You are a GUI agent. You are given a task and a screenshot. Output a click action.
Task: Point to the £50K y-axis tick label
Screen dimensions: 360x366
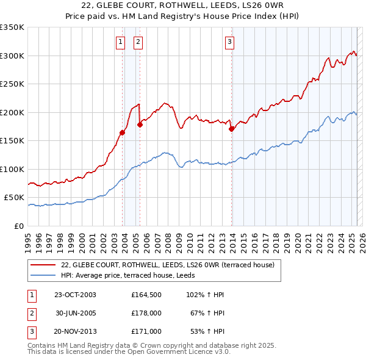pyautogui.click(x=14, y=198)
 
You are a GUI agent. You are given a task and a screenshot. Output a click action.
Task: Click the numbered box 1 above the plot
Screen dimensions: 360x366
pyautogui.click(x=121, y=42)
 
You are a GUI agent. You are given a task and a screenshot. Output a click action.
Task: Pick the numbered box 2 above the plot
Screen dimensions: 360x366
pyautogui.click(x=138, y=42)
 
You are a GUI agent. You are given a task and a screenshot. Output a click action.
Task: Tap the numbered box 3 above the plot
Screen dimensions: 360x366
pyautogui.click(x=229, y=42)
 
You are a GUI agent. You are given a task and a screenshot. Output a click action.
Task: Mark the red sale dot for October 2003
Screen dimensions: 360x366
pyautogui.click(x=123, y=132)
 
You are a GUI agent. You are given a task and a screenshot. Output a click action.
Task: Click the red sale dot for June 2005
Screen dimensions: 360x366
pyautogui.click(x=140, y=124)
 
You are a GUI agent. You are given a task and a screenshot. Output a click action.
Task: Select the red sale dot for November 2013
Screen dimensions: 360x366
pyautogui.click(x=232, y=129)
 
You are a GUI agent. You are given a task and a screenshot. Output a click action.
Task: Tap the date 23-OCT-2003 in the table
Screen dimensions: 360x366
pyautogui.click(x=75, y=295)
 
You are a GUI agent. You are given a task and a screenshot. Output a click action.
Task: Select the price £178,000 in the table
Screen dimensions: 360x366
pyautogui.click(x=146, y=313)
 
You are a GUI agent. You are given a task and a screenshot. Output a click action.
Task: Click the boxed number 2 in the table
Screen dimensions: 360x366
pyautogui.click(x=30, y=313)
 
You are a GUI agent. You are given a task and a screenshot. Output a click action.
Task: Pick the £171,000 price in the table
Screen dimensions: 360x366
pyautogui.click(x=146, y=331)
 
